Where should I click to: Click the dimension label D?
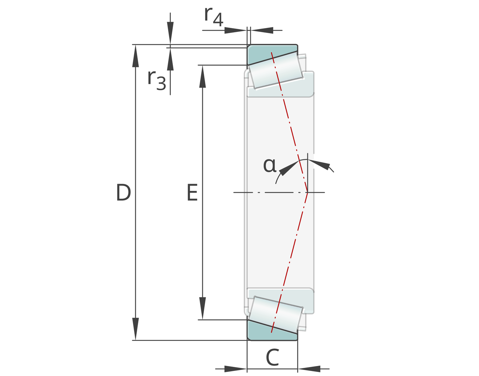(x=123, y=192)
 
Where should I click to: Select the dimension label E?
(x=192, y=192)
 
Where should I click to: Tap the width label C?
(x=272, y=358)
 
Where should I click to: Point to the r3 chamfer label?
(x=157, y=80)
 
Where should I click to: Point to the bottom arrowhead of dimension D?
(x=135, y=329)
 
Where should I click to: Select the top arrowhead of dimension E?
(x=202, y=76)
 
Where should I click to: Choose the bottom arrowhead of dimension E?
(x=202, y=308)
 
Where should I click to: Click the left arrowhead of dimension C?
(x=235, y=369)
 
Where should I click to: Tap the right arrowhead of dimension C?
(x=309, y=369)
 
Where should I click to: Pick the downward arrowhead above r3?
(x=170, y=33)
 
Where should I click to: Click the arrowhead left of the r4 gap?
(x=235, y=30)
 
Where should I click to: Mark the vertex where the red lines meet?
(x=307, y=192)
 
